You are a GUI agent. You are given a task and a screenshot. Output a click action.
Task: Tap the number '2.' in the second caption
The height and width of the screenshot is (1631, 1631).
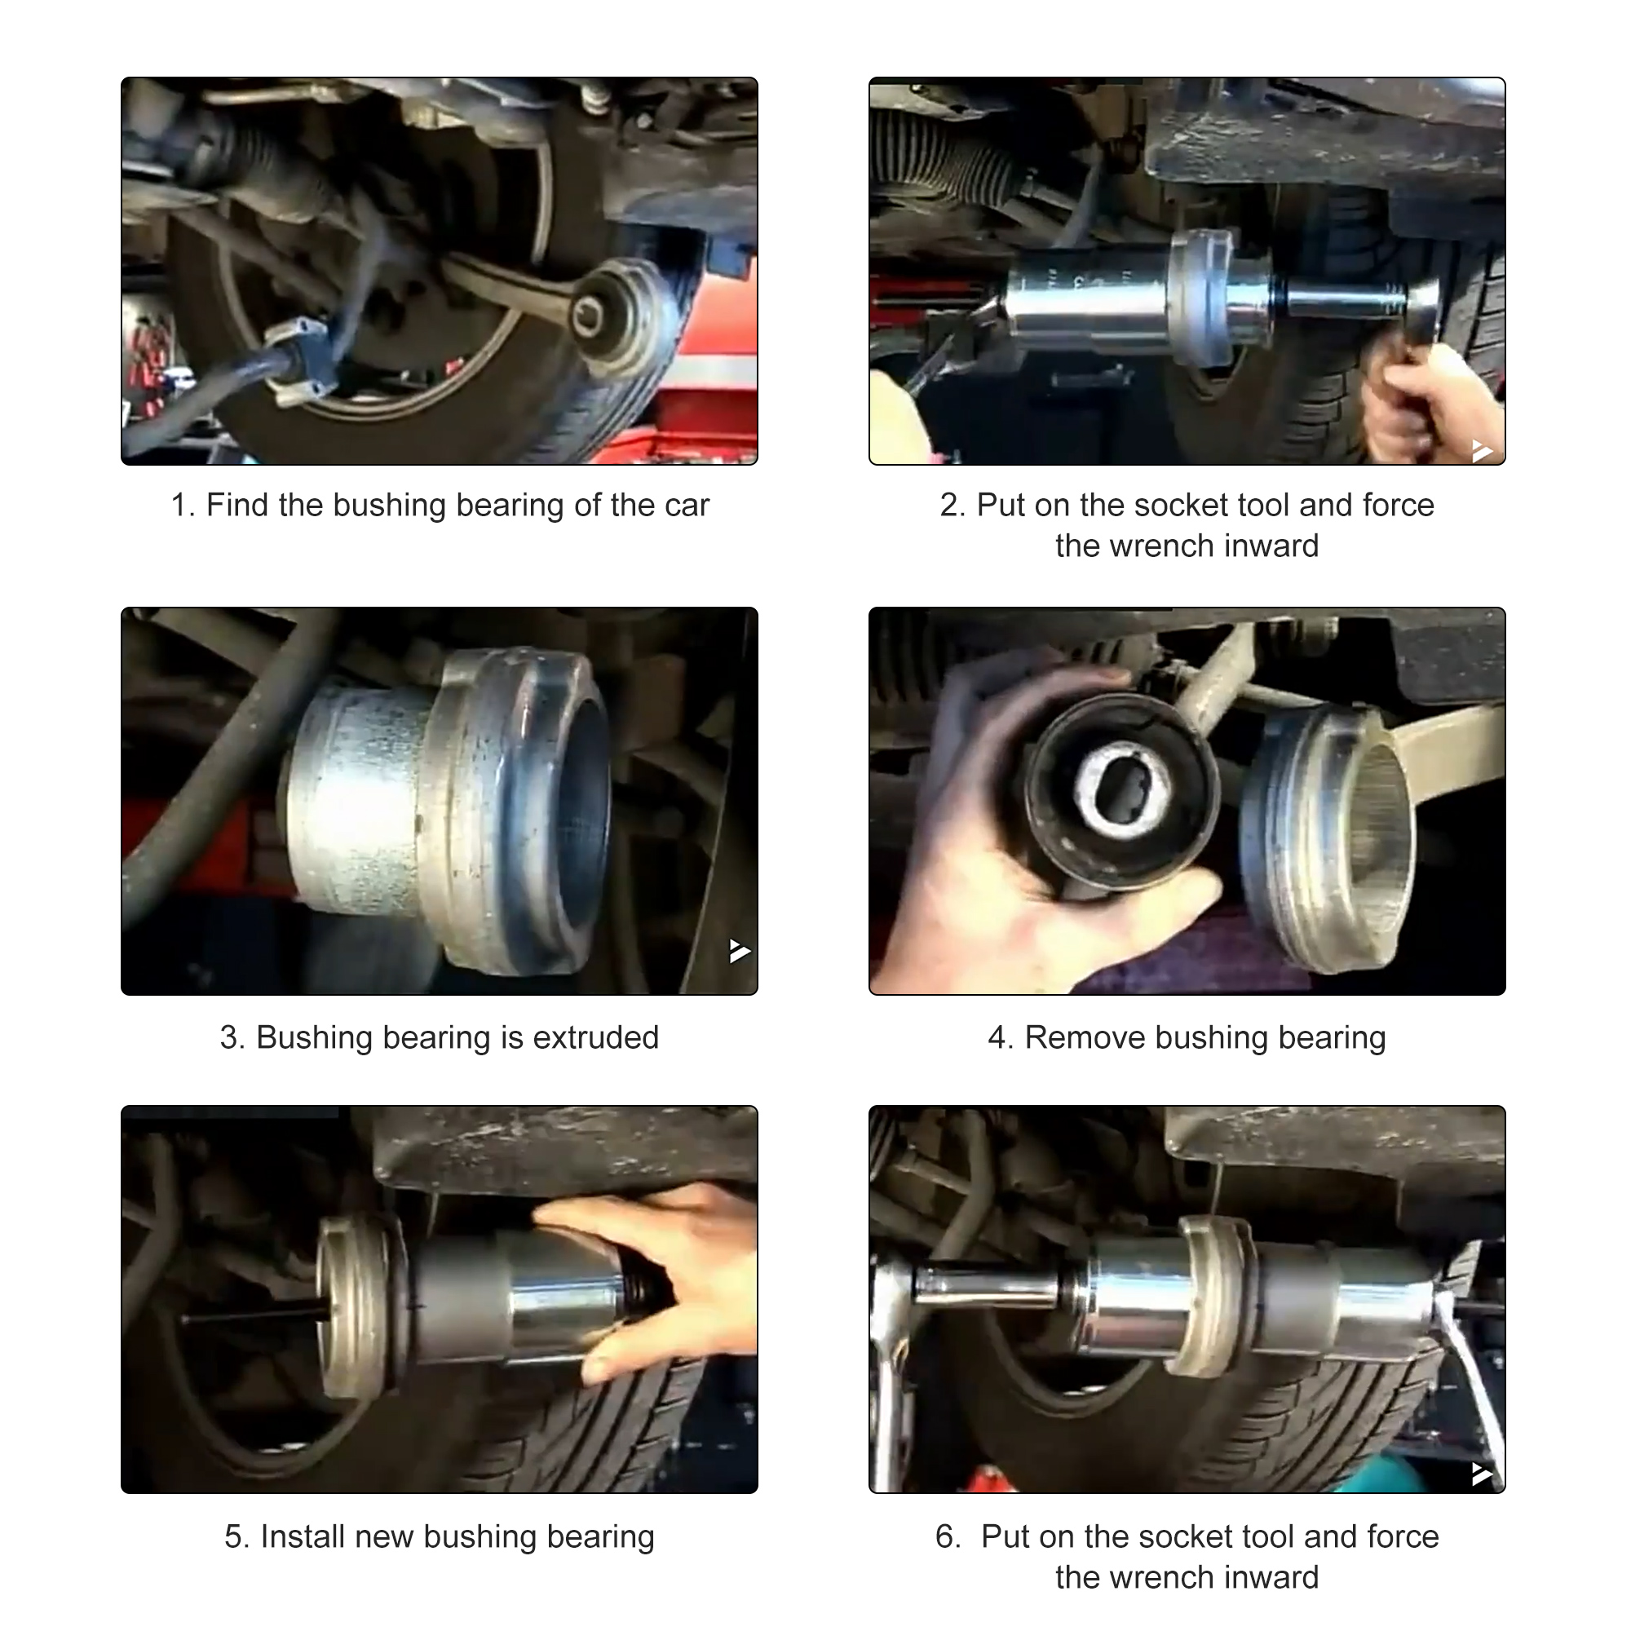pyautogui.click(x=953, y=505)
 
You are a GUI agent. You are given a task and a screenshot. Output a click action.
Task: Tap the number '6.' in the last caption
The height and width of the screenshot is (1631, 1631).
pyautogui.click(x=948, y=1536)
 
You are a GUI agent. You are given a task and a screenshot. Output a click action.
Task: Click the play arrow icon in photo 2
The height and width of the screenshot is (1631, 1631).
pyautogui.click(x=1482, y=450)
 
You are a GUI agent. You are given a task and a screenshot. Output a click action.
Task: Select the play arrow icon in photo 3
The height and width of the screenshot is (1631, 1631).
pyautogui.click(x=740, y=952)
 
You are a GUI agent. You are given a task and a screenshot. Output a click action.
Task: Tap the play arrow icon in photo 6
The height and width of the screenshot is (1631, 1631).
pyautogui.click(x=1482, y=1474)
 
